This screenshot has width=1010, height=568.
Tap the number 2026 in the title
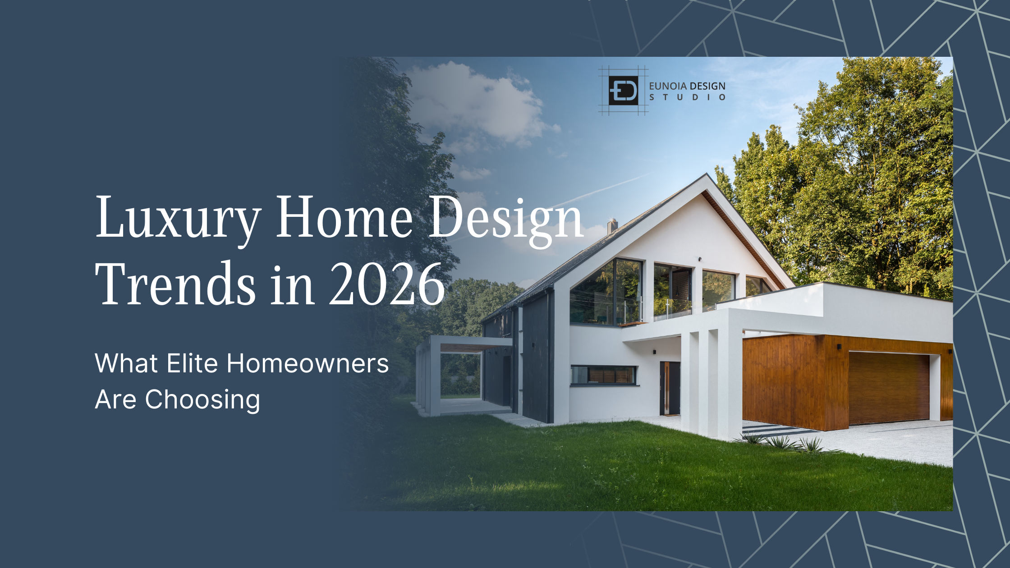tap(387, 284)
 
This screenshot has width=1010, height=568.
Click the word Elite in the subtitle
tap(193, 363)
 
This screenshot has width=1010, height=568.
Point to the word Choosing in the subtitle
tap(202, 400)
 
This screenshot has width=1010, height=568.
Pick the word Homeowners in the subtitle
tap(308, 363)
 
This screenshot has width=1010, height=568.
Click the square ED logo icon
tap(623, 91)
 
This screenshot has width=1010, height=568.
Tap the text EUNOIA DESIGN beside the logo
tap(687, 86)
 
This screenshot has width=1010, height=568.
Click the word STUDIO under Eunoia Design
tap(687, 97)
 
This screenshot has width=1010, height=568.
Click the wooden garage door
tap(889, 388)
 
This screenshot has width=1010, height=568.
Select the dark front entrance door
tap(670, 388)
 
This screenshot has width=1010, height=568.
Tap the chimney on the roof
tap(612, 226)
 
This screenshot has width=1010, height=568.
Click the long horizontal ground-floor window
tap(604, 375)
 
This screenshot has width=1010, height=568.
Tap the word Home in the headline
tap(344, 217)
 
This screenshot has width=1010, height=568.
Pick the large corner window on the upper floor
tap(606, 292)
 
